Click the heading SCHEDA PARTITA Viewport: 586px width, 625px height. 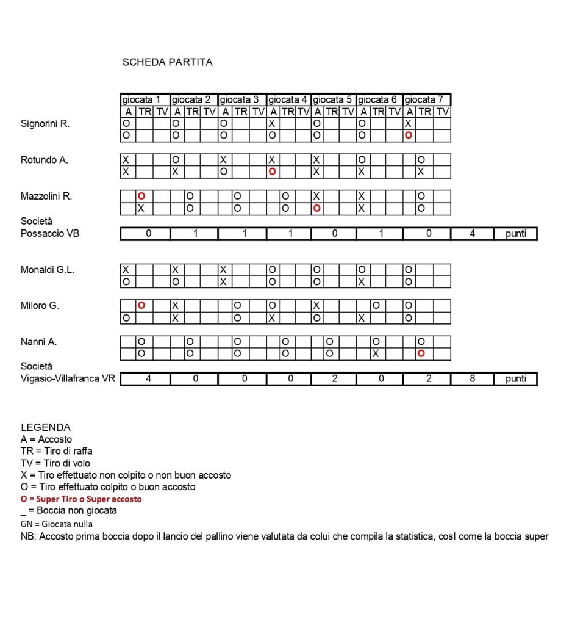[167, 62]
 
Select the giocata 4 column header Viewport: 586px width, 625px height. [288, 99]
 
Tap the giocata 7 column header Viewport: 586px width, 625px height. [427, 99]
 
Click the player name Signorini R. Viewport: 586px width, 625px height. [45, 124]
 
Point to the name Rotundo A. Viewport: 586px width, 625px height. [45, 160]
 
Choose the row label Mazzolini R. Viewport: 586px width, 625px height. [46, 197]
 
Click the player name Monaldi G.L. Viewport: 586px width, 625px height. [48, 269]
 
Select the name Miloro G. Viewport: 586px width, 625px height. [40, 306]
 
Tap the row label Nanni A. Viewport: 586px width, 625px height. [39, 342]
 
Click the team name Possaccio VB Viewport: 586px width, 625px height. [50, 234]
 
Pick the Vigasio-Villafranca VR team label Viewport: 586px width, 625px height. [68, 379]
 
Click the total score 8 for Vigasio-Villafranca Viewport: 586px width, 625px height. [472, 379]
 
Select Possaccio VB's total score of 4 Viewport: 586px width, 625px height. [472, 234]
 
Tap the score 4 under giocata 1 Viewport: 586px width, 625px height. [148, 379]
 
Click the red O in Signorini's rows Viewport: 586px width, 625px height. [409, 135]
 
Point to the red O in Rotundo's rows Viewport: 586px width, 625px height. [272, 172]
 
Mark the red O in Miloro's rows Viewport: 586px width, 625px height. [141, 305]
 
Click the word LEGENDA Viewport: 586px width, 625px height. [46, 427]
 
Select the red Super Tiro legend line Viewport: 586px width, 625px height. [81, 499]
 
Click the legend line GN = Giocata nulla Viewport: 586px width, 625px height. [57, 524]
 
